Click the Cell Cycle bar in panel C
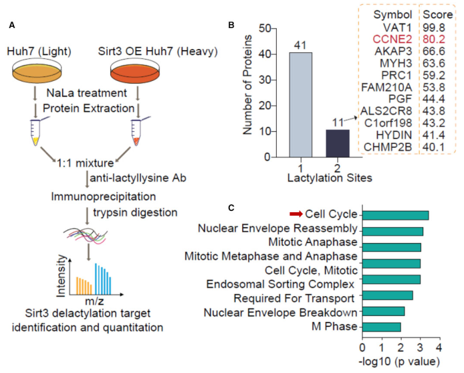tap(395, 215)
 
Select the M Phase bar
tap(381, 327)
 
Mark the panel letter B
tap(231, 25)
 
